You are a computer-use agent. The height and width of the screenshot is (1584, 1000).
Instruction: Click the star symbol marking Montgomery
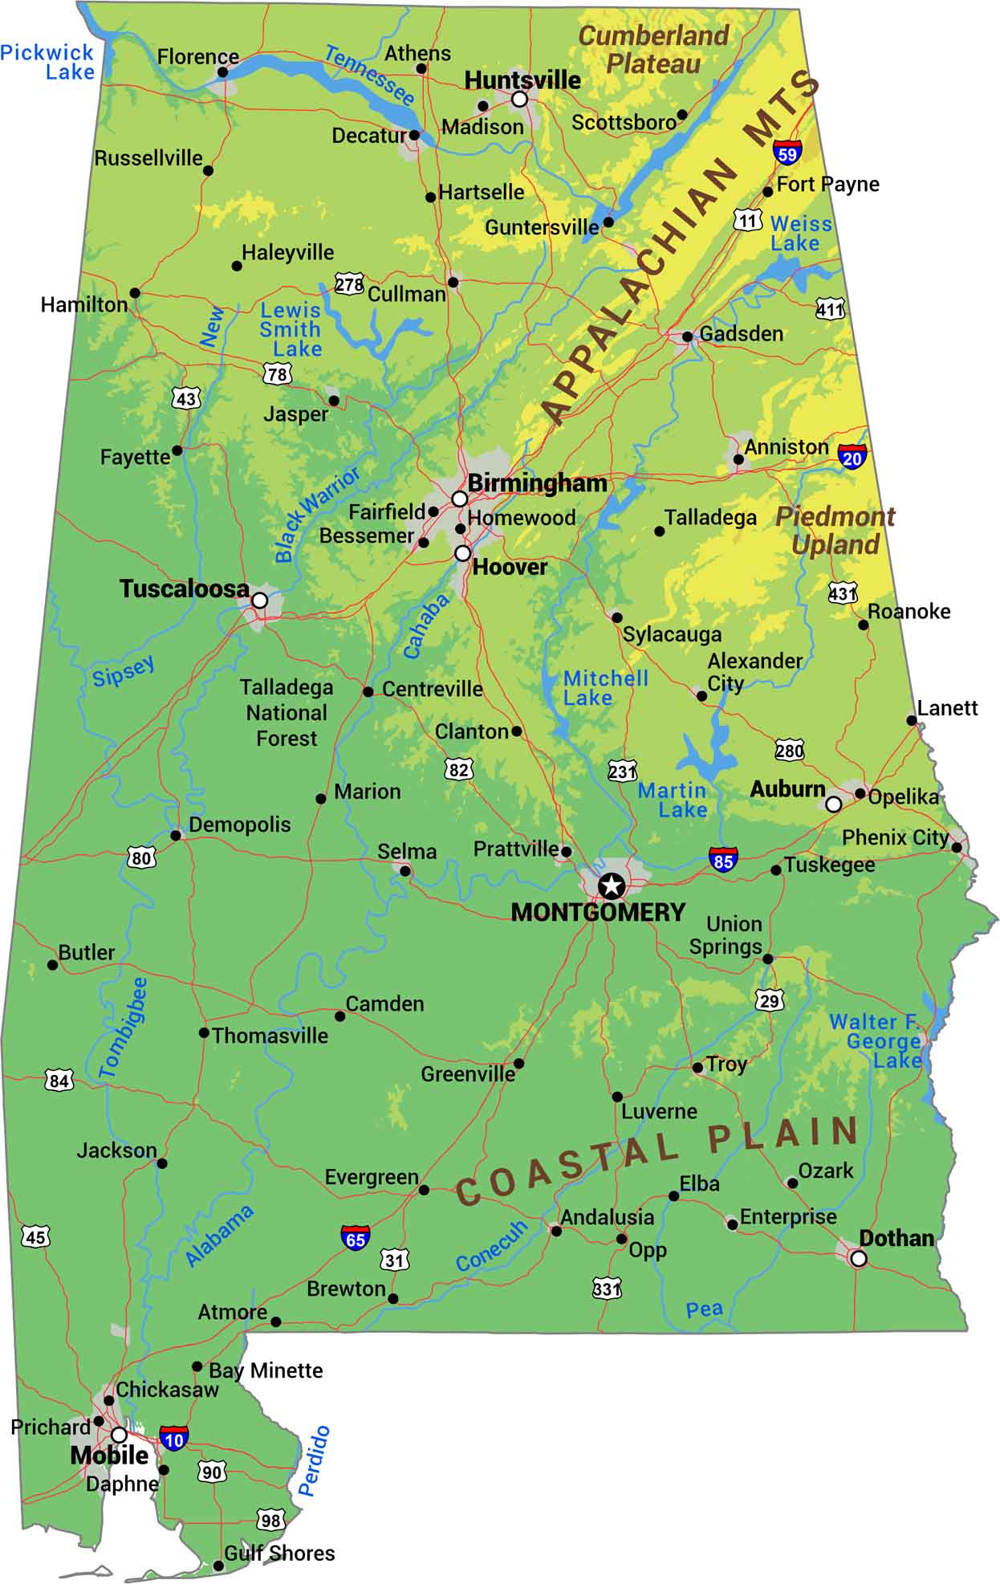coord(612,886)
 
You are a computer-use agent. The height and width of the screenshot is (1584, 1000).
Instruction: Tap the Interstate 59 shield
coord(787,152)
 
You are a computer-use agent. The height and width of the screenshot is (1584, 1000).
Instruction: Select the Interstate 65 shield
coord(356,1238)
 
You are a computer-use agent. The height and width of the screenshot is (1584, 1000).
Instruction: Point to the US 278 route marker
coord(349,284)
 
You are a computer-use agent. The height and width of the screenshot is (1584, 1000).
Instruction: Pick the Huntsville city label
coord(522,79)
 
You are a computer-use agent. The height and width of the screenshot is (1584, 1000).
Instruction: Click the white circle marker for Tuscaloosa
coord(259,600)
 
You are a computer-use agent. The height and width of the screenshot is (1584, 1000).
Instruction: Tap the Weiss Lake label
coord(800,234)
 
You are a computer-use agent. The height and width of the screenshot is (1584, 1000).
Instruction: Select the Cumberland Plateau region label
coord(653,49)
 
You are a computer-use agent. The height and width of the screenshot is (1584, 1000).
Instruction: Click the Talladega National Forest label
coord(287,713)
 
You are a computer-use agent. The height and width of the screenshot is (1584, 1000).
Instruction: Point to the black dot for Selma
coord(405,871)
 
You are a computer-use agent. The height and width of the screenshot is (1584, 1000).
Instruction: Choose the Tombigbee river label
coord(123,1028)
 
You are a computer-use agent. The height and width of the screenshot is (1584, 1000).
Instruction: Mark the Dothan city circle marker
coord(858,1258)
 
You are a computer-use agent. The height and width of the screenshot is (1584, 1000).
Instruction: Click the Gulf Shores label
coord(279,1553)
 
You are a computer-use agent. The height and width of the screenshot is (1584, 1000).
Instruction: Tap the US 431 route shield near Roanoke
coord(843,593)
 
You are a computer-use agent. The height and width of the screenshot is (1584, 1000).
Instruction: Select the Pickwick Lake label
coord(48,63)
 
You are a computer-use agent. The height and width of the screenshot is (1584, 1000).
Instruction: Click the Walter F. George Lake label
coord(876,1041)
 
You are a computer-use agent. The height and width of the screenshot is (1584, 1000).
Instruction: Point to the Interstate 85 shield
coord(723,860)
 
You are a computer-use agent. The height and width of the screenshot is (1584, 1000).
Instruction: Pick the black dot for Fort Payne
coord(768,191)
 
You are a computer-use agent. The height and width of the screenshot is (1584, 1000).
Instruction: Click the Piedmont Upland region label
coord(835,530)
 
